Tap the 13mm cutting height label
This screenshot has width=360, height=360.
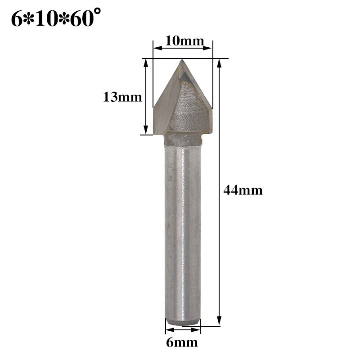pyautogui.click(x=122, y=97)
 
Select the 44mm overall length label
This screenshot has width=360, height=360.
pyautogui.click(x=243, y=190)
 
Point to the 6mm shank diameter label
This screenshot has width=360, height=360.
pyautogui.click(x=181, y=343)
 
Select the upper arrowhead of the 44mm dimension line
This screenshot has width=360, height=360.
pyautogui.click(x=219, y=63)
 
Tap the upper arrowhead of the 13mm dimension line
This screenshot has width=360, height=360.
pyautogui.click(x=146, y=63)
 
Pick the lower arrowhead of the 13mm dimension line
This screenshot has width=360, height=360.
pyautogui.click(x=146, y=130)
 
